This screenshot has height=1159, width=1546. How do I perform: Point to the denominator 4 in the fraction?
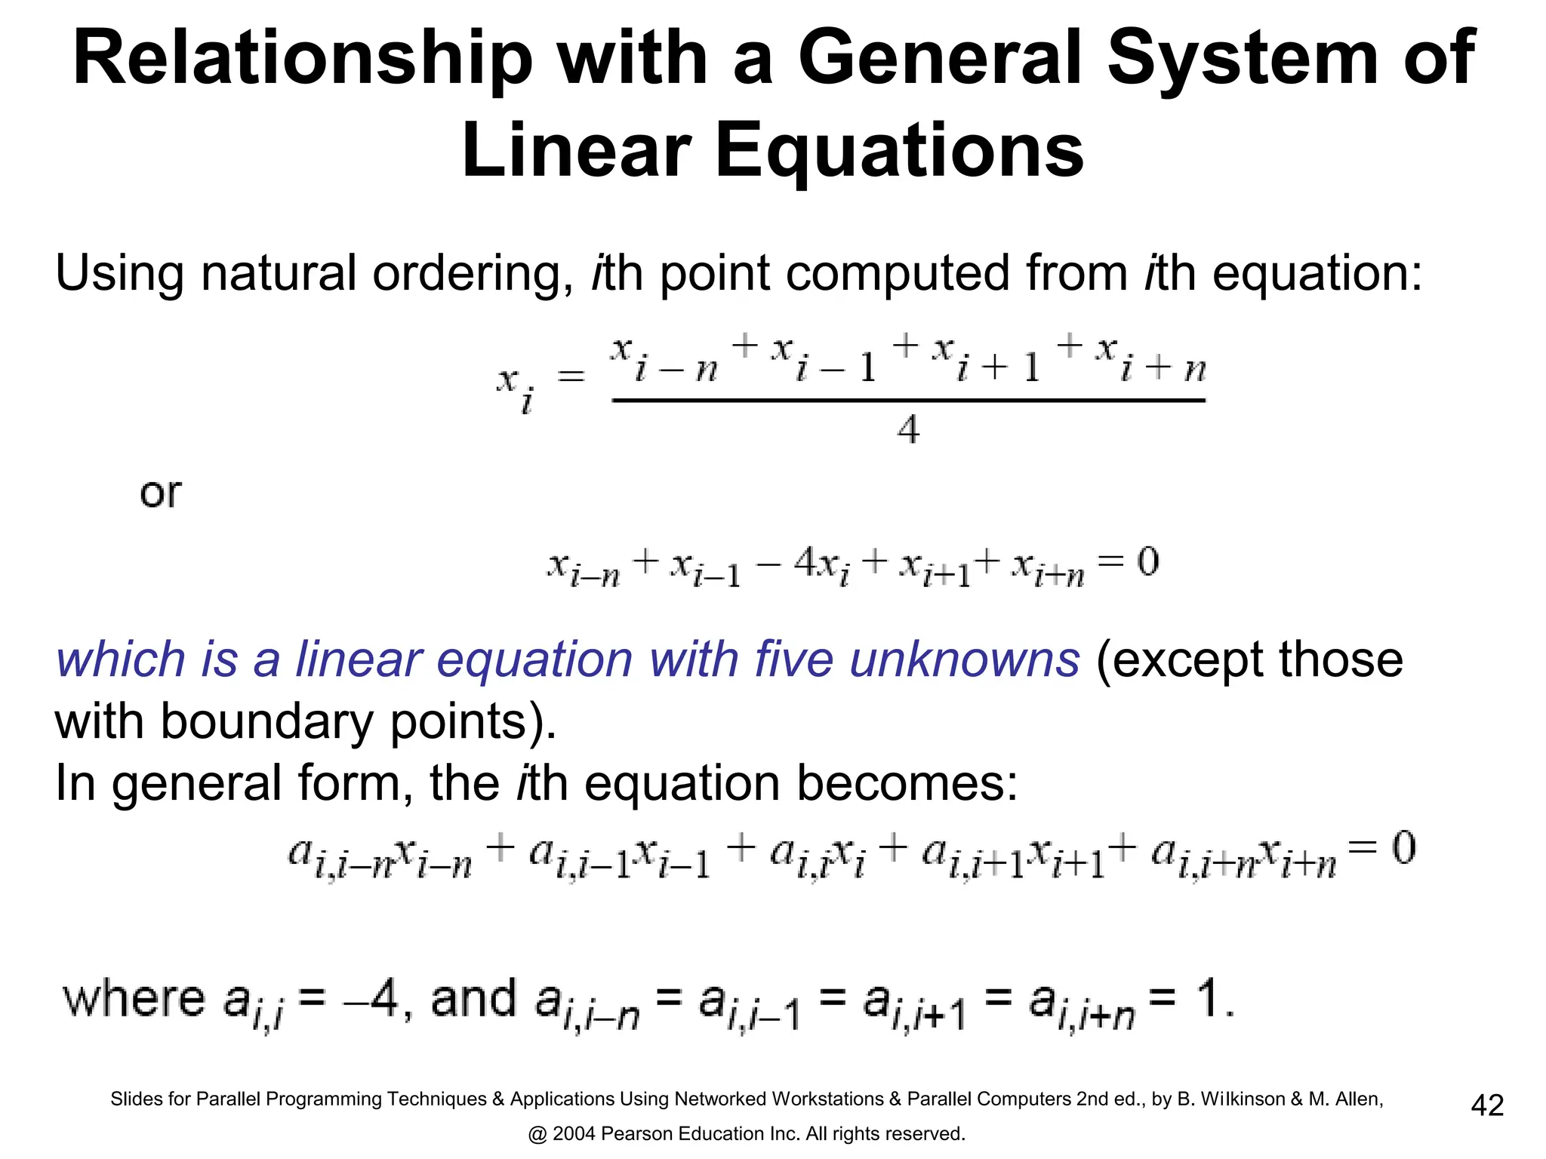point(908,430)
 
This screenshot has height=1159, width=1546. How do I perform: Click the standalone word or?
point(160,493)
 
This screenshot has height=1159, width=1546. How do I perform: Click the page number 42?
point(1487,1105)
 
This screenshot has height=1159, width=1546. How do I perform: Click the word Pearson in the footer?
point(636,1134)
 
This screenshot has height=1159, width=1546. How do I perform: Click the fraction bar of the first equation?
point(908,401)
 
